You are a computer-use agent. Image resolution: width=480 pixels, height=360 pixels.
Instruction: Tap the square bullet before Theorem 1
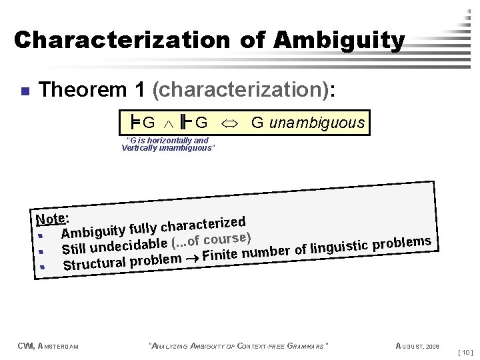(23, 90)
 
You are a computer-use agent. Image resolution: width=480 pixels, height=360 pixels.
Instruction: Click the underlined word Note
(51, 218)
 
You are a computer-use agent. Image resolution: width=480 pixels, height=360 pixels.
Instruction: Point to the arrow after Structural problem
(193, 257)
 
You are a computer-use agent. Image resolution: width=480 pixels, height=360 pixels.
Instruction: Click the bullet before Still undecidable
(42, 251)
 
